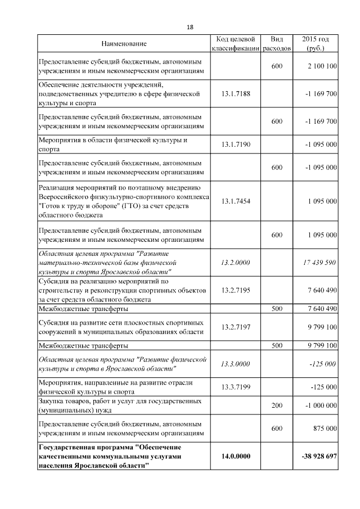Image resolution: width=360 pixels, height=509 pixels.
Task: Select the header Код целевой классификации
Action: pyautogui.click(x=236, y=44)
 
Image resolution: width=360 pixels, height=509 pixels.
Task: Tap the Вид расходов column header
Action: pyautogui.click(x=277, y=44)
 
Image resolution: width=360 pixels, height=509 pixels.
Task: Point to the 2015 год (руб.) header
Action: pyautogui.click(x=316, y=44)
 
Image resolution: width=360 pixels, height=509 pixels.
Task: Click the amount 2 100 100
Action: pyautogui.click(x=322, y=66)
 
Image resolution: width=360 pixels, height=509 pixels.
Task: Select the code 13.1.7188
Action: pyautogui.click(x=236, y=93)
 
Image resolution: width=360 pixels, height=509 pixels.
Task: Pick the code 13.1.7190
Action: pyautogui.click(x=236, y=145)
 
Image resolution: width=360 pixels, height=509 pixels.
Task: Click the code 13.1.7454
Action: pyautogui.click(x=236, y=201)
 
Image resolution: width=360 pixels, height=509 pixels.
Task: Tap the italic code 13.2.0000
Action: pyautogui.click(x=236, y=263)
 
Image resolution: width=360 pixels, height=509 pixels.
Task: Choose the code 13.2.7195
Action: pyautogui.click(x=236, y=290)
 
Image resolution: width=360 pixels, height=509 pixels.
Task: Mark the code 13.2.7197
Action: pyautogui.click(x=236, y=327)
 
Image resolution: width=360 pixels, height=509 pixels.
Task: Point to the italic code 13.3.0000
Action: pyautogui.click(x=236, y=364)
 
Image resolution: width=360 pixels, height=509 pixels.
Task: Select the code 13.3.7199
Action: pyautogui.click(x=236, y=387)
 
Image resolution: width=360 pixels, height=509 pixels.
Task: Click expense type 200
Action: pyautogui.click(x=277, y=405)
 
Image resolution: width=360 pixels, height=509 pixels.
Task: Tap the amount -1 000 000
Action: pyautogui.click(x=321, y=405)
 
